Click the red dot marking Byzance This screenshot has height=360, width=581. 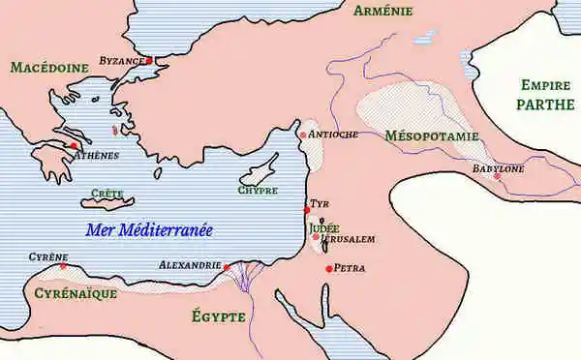150,61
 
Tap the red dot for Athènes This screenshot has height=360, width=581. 74,146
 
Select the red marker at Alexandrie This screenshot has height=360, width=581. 226,267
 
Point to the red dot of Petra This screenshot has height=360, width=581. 329,268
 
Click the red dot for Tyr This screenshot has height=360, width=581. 307,210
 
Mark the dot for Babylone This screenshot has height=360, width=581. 497,176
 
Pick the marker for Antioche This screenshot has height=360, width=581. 303,135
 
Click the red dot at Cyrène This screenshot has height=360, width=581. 64,266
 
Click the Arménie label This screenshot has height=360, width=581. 384,12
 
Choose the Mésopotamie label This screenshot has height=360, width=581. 431,136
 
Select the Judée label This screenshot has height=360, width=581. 325,228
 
